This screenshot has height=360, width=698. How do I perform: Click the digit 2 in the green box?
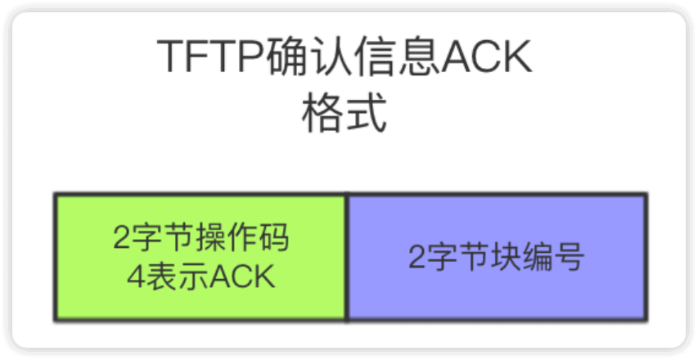[121, 239]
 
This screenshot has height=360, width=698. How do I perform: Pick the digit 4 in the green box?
[137, 277]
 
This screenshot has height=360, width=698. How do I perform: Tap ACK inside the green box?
[241, 277]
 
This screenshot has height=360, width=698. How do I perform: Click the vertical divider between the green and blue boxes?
[348, 257]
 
